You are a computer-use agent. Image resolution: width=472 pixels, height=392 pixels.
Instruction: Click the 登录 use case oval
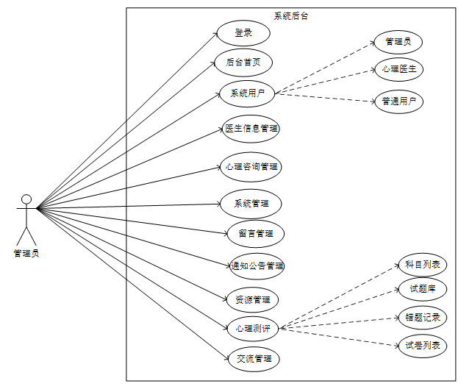click(x=243, y=33)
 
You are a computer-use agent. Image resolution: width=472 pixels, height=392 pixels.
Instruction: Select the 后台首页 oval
click(x=243, y=62)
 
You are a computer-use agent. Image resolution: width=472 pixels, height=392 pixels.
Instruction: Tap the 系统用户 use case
click(x=247, y=93)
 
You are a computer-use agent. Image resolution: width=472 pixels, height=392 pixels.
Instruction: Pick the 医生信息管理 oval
click(x=251, y=129)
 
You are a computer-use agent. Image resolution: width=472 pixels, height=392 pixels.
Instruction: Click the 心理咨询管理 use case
click(x=251, y=167)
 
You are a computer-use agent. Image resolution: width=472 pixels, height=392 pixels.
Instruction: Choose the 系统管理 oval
click(x=251, y=203)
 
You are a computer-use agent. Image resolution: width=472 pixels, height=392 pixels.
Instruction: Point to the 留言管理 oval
click(x=255, y=234)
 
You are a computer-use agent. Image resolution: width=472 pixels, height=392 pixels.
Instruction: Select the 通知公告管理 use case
click(x=256, y=266)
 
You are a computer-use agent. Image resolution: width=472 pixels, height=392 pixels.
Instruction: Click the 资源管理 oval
click(x=252, y=299)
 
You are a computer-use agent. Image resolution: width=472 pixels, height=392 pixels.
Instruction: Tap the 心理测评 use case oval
click(x=252, y=328)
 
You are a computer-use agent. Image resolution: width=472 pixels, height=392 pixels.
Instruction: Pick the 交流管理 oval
click(x=254, y=359)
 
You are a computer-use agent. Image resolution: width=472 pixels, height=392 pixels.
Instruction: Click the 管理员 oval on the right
click(x=398, y=42)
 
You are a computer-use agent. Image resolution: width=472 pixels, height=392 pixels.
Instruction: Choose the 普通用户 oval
click(x=398, y=101)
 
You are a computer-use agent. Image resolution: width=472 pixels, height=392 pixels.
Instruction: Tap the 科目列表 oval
click(x=422, y=265)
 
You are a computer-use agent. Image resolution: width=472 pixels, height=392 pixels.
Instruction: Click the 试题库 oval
click(x=422, y=289)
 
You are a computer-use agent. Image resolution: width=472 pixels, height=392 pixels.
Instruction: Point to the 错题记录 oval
click(x=422, y=318)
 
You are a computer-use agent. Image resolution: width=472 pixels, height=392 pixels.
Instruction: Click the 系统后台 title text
click(x=291, y=16)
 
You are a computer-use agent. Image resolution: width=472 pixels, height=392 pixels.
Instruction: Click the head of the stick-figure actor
click(x=26, y=199)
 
